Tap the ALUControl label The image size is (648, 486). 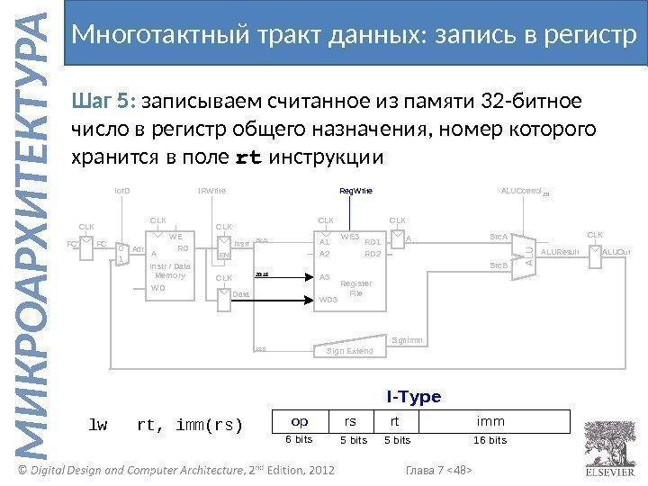(x=521, y=191)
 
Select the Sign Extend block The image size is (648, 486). (x=350, y=350)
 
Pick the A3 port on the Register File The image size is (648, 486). (x=325, y=277)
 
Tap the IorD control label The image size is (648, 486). (x=122, y=191)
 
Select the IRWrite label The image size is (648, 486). (x=211, y=191)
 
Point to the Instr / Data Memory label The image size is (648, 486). (x=170, y=272)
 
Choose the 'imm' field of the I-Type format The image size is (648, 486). (x=491, y=420)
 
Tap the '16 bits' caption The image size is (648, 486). (x=490, y=440)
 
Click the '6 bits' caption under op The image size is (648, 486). (x=299, y=440)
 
